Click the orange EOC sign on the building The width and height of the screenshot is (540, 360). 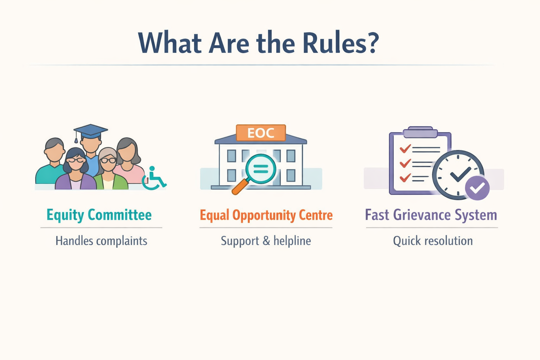[x=261, y=133]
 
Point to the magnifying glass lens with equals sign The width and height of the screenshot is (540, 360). [x=261, y=169]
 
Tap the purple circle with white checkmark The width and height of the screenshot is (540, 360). [x=477, y=188]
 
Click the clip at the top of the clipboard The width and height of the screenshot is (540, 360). [x=420, y=133]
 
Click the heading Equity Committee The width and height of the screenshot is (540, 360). [x=99, y=215]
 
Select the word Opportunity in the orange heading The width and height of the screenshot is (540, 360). [x=264, y=215]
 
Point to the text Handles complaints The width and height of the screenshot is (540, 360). [x=101, y=241]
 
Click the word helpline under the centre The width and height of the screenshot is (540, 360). [x=292, y=241]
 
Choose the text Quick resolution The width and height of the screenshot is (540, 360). [x=433, y=241]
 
